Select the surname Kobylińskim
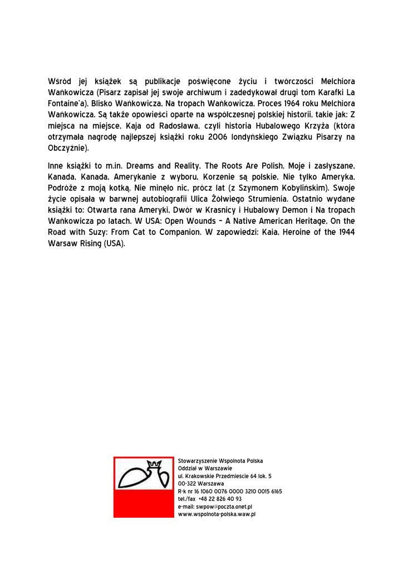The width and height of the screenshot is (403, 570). pos(301,188)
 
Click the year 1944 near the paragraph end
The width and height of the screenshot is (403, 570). pos(347,233)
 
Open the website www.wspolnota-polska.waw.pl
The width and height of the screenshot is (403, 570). pos(217,515)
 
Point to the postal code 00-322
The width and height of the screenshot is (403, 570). pos(186,484)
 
